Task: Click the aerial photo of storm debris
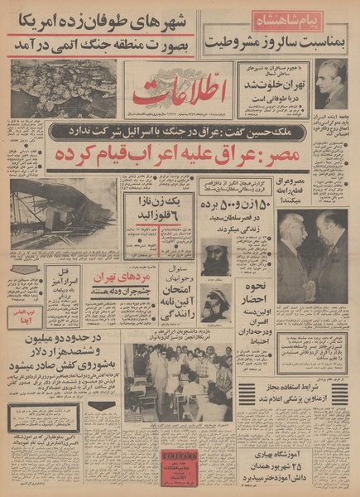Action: (64, 88)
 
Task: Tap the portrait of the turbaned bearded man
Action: (216, 258)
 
